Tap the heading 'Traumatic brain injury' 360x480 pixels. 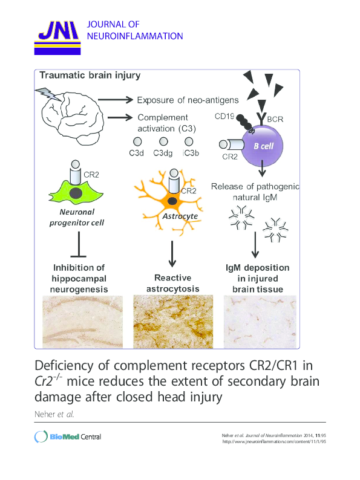pyautogui.click(x=90, y=76)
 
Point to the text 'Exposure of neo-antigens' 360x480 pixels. pyautogui.click(x=188, y=100)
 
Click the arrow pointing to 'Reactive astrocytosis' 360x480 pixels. pyautogui.click(x=172, y=251)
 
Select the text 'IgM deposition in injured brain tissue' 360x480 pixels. pyautogui.click(x=258, y=278)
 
